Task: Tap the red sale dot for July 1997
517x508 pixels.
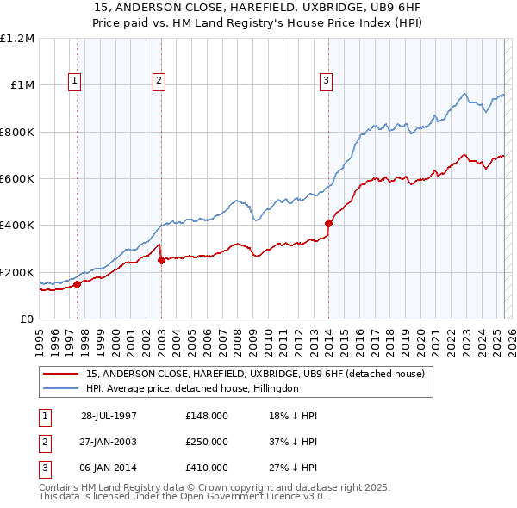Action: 78,284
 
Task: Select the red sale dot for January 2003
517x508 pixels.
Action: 161,261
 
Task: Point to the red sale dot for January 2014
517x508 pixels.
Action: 328,223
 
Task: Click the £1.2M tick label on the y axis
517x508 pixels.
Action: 17,39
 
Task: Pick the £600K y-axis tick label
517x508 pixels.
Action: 17,179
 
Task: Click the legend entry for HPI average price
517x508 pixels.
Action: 191,388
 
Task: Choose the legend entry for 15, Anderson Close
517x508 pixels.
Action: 255,375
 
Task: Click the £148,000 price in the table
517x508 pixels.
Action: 206,415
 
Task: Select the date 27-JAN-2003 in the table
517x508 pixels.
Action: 109,442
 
